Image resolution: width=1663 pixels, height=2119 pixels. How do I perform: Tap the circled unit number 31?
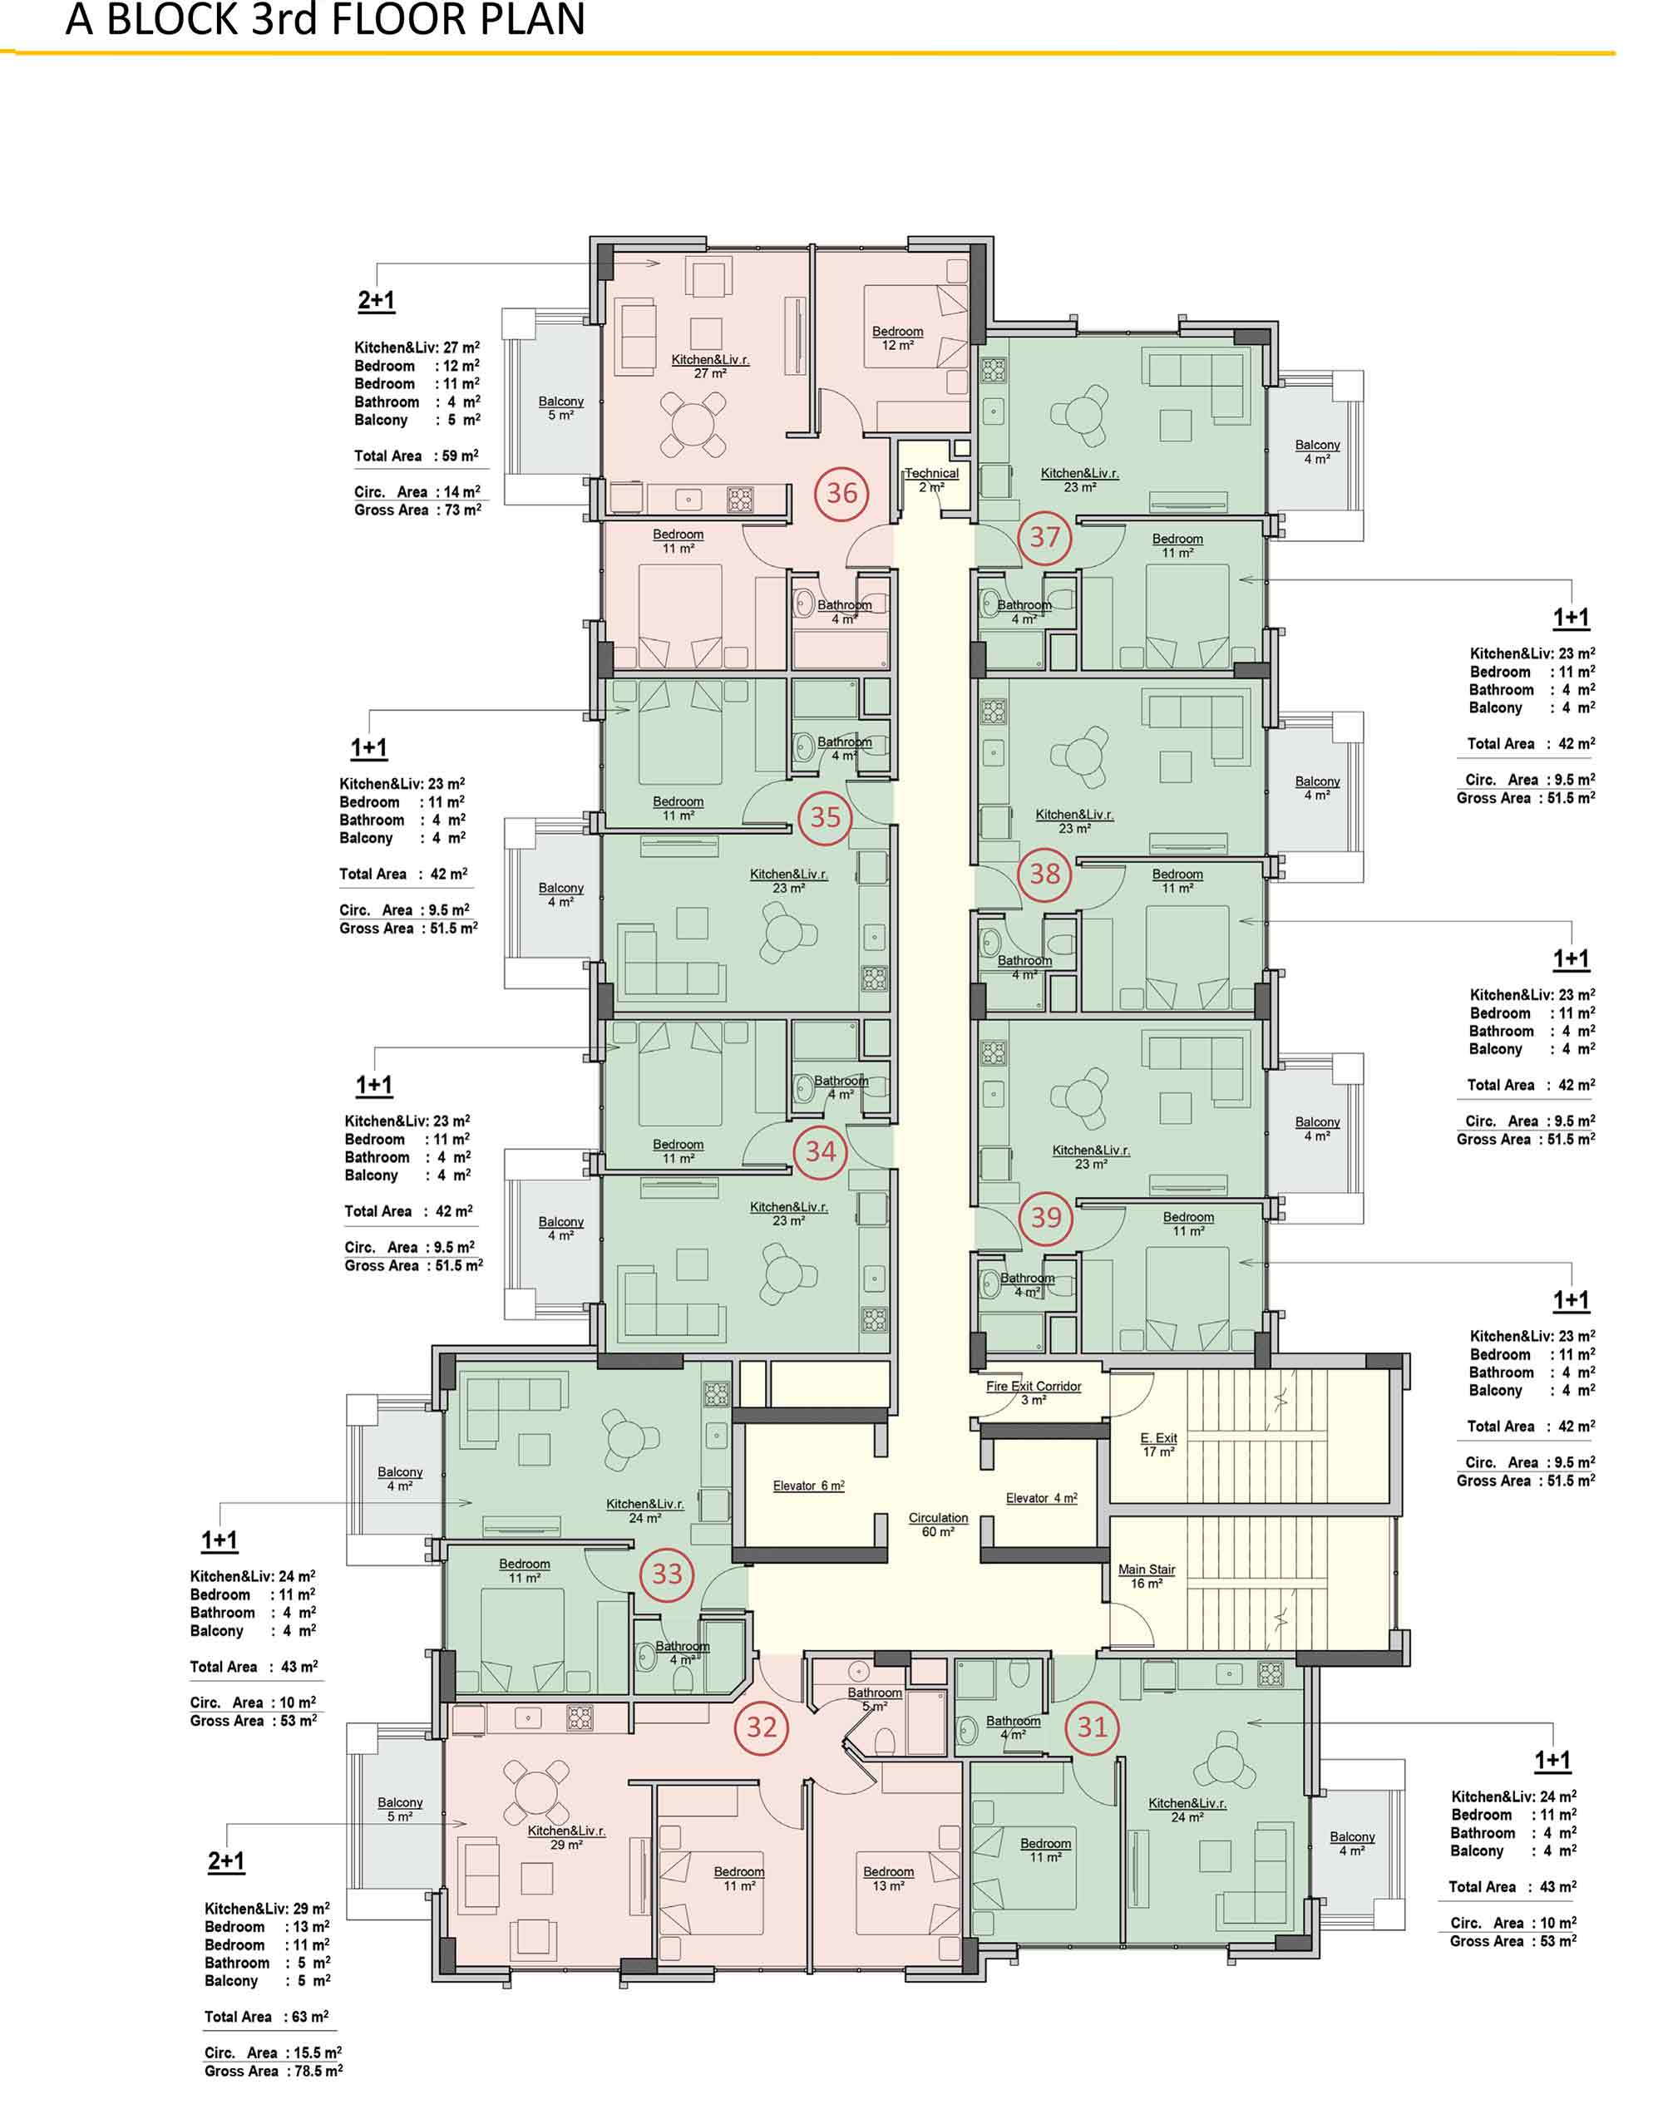coord(1093,1727)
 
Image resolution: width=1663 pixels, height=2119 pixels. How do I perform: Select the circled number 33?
coord(667,1573)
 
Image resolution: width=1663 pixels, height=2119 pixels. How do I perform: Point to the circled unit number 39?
coord(1047,1217)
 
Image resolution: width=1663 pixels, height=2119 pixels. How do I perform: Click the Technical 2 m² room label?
coord(932,480)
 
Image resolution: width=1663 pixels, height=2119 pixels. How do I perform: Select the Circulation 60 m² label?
coord(939,1525)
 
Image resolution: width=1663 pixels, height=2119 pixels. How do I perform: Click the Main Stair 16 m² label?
coord(1147,1576)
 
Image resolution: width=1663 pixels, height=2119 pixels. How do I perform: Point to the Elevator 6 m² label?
coord(809,1486)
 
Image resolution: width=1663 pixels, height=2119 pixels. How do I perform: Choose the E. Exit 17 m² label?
coord(1158,1445)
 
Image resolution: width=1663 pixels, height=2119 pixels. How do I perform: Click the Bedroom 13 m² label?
coord(889,1879)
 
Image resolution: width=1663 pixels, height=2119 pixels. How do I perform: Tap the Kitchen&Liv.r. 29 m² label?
coord(566,1838)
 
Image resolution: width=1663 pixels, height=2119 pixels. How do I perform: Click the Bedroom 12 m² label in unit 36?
coord(898,338)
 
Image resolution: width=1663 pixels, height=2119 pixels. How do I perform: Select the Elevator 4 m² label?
coord(1042,1498)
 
